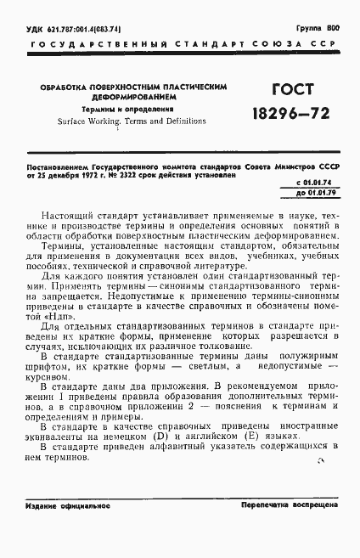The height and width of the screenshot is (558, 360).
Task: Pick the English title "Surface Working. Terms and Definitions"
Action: pyautogui.click(x=122, y=121)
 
